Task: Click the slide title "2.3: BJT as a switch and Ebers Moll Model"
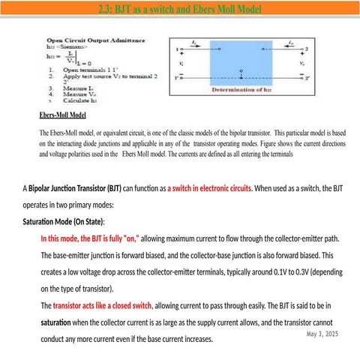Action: [179, 10]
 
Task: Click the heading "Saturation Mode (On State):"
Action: [64, 222]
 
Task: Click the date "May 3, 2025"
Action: [322, 333]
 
